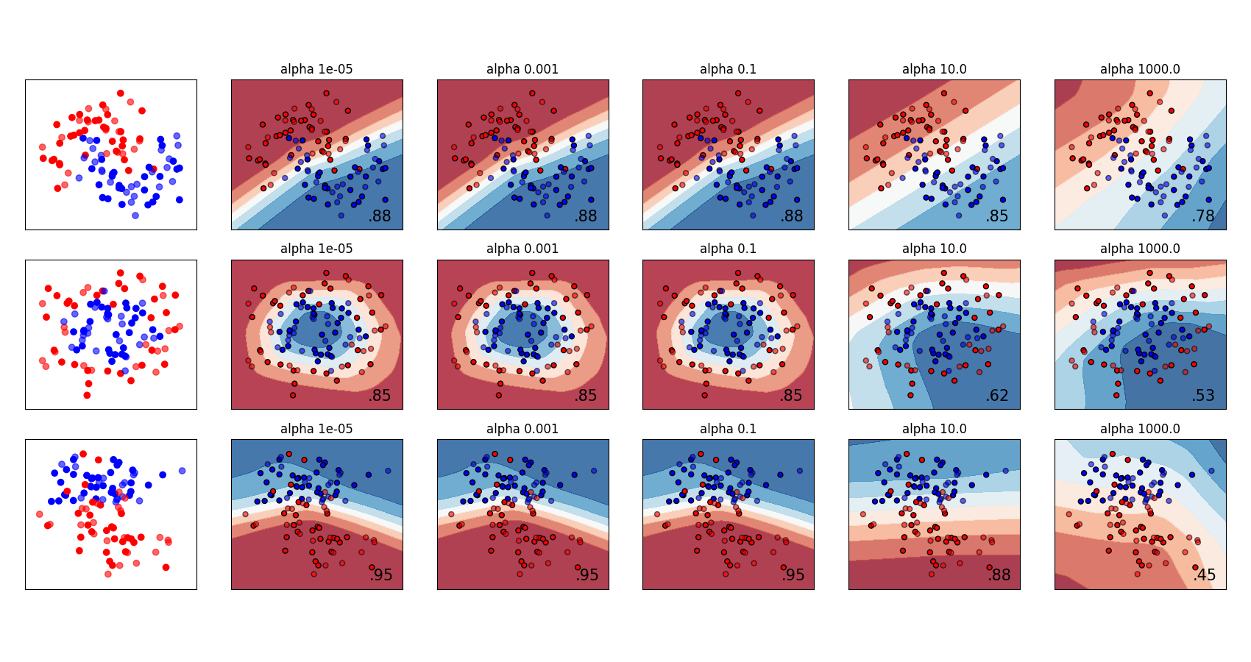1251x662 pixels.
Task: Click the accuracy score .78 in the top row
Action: (x=1203, y=216)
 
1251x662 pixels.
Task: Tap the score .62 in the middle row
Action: (x=997, y=396)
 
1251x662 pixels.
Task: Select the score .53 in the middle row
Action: (x=1203, y=396)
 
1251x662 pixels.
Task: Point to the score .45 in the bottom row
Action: (x=1204, y=575)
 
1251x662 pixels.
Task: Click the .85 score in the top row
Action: (x=997, y=216)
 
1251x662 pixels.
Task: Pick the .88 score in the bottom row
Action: (x=999, y=575)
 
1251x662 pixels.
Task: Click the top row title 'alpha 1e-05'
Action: (x=316, y=69)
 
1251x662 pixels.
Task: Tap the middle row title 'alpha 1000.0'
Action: (x=1140, y=249)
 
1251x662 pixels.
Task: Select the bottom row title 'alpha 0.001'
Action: (x=522, y=429)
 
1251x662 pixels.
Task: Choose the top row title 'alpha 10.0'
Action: (x=935, y=69)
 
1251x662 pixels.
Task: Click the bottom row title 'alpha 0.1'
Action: (x=728, y=429)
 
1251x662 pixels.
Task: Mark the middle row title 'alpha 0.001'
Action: (x=522, y=249)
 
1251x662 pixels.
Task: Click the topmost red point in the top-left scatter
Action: (x=121, y=93)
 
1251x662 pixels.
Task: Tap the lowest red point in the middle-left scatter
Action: (x=87, y=395)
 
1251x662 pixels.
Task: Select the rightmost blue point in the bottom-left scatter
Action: (x=182, y=471)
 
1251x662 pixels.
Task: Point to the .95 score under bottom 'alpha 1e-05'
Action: (x=380, y=575)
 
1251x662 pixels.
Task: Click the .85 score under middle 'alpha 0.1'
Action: (x=791, y=396)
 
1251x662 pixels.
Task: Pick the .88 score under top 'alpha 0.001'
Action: (x=586, y=216)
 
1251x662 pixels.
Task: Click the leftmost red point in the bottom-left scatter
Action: (x=40, y=514)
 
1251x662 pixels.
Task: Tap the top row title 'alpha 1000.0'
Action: (x=1140, y=69)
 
